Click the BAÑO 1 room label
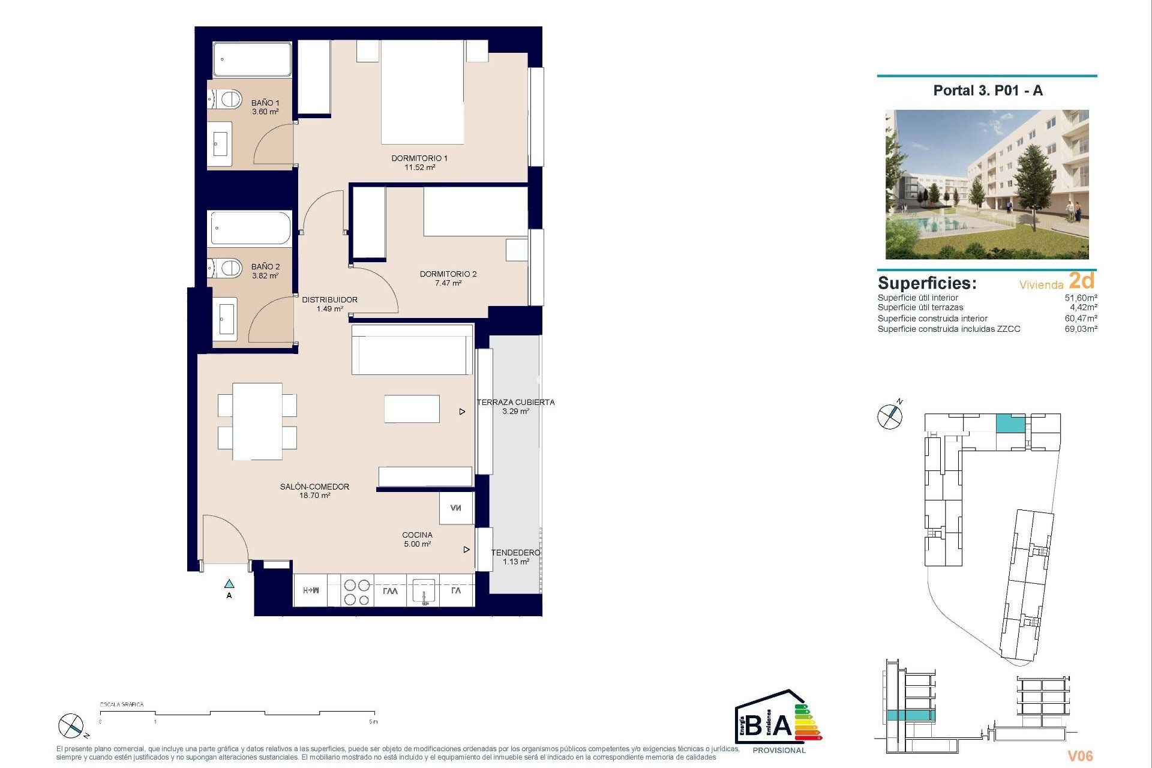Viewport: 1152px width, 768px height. tap(265, 103)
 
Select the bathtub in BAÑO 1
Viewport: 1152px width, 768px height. tap(252, 59)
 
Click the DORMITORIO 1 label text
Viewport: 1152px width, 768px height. tap(419, 158)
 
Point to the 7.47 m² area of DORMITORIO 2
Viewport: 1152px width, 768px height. tap(448, 283)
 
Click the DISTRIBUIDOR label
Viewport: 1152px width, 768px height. tap(329, 299)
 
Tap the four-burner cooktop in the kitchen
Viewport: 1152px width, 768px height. tap(356, 592)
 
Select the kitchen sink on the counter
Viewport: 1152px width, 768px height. tap(424, 590)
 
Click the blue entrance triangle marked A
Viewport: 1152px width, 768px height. tap(229, 584)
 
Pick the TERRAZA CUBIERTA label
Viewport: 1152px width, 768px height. tap(515, 402)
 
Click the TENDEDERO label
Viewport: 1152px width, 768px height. tap(515, 553)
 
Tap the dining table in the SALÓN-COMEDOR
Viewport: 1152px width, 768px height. tap(257, 421)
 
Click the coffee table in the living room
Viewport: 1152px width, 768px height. tap(412, 409)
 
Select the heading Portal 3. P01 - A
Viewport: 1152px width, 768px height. tap(988, 91)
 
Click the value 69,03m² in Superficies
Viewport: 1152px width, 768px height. tap(1081, 329)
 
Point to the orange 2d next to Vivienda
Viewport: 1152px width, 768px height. tap(1082, 281)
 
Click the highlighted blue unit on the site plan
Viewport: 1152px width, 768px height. tap(1010, 424)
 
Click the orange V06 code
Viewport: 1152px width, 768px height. tap(1080, 756)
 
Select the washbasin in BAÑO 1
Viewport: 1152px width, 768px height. tap(221, 144)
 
